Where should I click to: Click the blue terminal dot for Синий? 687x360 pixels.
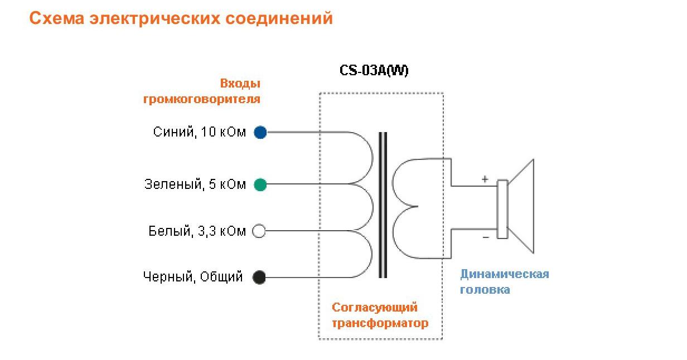point(260,133)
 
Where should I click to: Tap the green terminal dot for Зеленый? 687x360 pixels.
point(260,184)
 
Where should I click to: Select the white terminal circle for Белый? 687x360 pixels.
point(259,231)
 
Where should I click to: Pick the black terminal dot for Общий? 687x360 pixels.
point(259,277)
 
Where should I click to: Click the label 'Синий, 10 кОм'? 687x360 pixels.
point(199,133)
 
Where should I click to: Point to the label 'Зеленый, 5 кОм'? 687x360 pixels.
point(195,184)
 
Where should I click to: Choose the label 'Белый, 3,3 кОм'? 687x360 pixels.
point(197,231)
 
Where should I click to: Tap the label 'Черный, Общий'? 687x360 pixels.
point(193,277)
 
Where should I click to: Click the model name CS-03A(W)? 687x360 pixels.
point(374,71)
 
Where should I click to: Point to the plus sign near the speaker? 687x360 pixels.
point(485,179)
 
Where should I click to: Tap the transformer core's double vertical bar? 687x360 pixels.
point(383,205)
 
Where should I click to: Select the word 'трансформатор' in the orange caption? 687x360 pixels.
point(380,323)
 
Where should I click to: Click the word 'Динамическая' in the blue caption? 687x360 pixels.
point(505,274)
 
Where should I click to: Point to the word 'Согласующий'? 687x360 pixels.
point(375,307)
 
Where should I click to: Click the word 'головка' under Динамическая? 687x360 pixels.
point(485,290)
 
